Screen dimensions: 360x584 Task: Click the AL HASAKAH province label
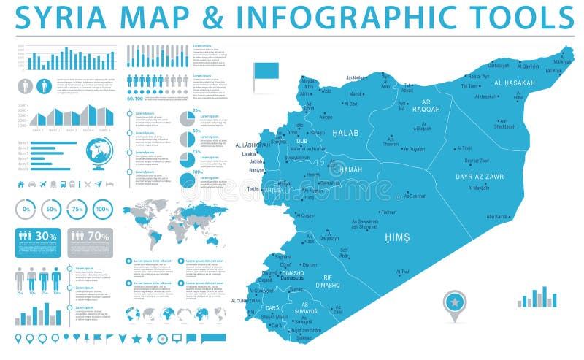point(514,83)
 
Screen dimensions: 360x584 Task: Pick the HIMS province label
point(397,237)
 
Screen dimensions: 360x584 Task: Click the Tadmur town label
point(388,212)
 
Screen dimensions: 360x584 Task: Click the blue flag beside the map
point(266,71)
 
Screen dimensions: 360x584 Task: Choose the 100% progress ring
point(103,210)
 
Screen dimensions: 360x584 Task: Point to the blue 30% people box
point(37,242)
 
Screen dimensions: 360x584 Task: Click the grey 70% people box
point(90,242)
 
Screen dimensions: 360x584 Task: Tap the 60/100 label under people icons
point(135,99)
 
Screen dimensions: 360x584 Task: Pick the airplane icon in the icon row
point(45,184)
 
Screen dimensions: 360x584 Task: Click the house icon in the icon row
point(20,184)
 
